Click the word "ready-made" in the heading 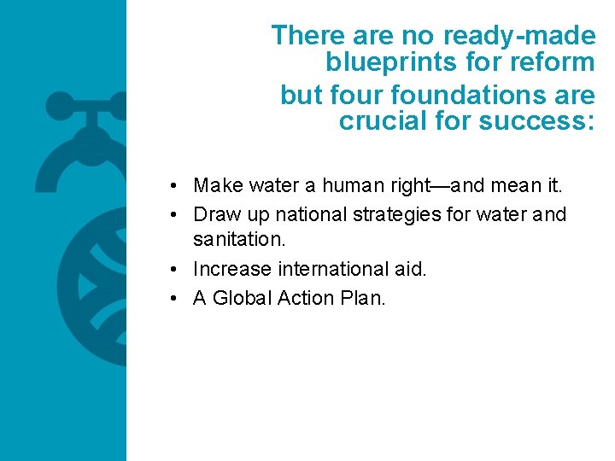tap(519, 36)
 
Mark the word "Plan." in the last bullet tap(365, 299)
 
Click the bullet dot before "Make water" tap(173, 186)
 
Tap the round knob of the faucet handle tap(59, 107)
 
